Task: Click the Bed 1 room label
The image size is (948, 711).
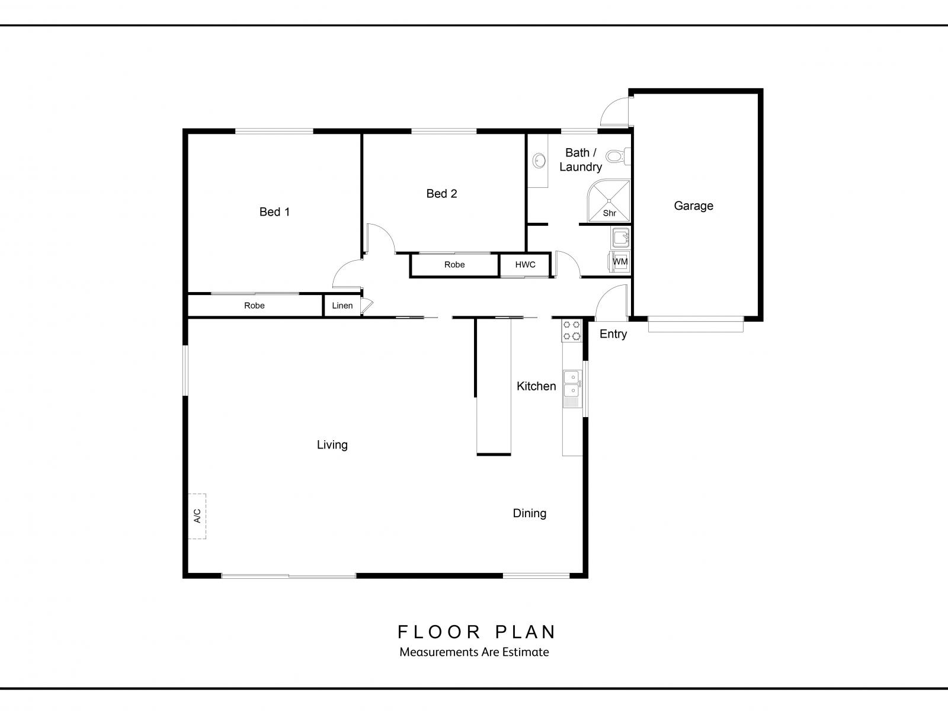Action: [274, 212]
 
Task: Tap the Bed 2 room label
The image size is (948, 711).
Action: [441, 193]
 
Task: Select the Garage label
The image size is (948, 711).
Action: [693, 206]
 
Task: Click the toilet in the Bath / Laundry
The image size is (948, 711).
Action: [617, 156]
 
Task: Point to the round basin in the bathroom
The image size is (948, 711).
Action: [539, 161]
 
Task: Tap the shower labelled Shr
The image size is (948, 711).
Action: [608, 201]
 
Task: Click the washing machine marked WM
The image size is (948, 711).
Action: [620, 261]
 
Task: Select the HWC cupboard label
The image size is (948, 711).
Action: [525, 265]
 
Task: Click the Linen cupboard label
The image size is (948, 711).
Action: [342, 306]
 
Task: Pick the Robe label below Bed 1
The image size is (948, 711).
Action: [254, 306]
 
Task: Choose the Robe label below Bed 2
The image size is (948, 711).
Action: [454, 265]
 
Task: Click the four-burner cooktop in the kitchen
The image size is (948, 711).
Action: [571, 331]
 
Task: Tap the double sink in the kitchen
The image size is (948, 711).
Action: [572, 389]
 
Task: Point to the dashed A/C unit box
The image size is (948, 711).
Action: [197, 516]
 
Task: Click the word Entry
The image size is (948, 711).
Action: [613, 334]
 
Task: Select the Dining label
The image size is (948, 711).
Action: [529, 513]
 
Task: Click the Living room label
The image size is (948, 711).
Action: [332, 444]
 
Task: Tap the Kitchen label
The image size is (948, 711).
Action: [536, 386]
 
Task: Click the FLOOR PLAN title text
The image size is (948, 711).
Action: [476, 632]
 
